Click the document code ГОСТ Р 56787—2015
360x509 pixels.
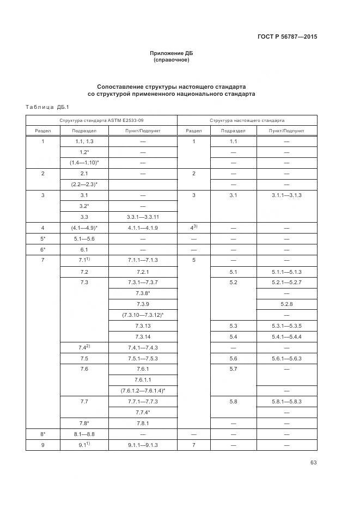287,37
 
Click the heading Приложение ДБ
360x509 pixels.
172,53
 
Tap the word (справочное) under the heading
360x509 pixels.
172,60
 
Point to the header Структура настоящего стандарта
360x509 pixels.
247,120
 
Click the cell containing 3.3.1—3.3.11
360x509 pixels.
143,216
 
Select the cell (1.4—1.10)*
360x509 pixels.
84,162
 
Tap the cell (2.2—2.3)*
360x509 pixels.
84,183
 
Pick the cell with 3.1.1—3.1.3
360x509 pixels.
286,195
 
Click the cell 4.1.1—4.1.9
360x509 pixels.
143,228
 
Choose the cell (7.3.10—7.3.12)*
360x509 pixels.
143,315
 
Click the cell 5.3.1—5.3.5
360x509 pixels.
286,326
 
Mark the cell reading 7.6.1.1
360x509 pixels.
143,379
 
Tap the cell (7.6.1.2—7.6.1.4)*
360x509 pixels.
143,390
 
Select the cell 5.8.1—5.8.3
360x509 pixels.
286,401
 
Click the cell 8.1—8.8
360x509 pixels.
84,434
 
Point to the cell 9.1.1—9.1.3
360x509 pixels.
143,445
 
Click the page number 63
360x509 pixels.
313,463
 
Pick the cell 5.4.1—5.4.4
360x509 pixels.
286,336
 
